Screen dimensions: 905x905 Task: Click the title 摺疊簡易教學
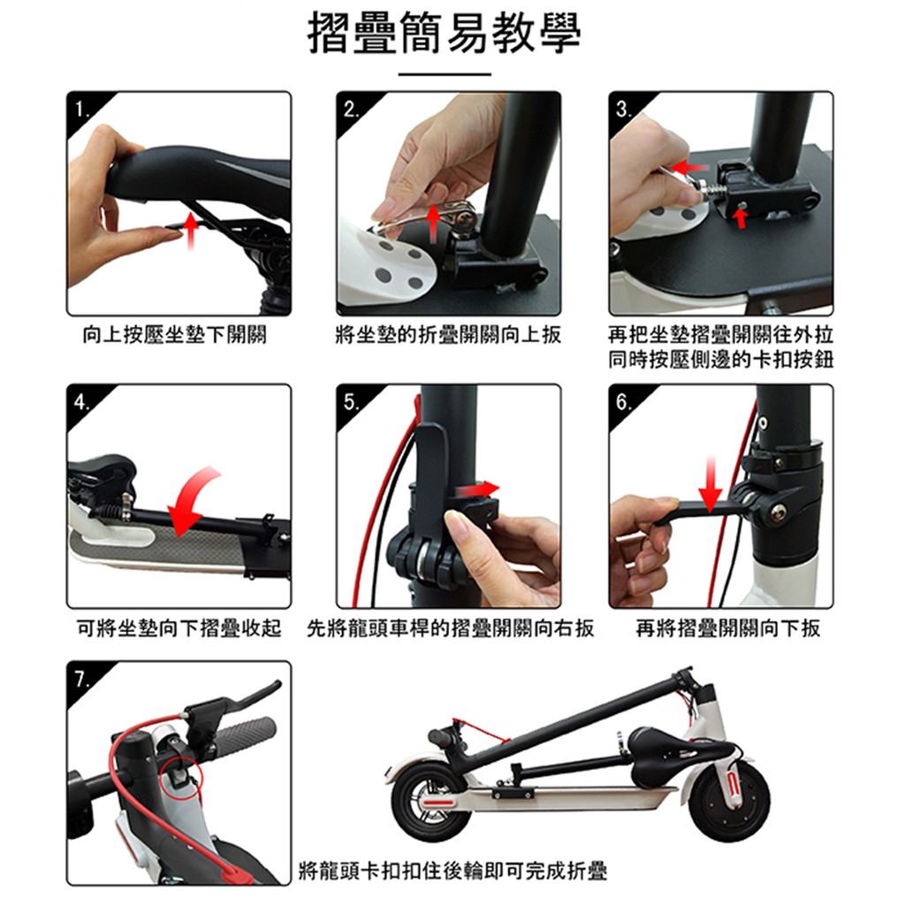point(445,34)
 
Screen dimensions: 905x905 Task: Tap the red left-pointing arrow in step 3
point(689,168)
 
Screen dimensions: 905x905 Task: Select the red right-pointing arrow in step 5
point(476,490)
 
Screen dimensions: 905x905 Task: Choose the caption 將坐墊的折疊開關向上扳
point(448,335)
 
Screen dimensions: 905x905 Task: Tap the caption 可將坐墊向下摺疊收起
point(179,628)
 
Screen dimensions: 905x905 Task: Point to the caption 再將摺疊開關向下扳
point(728,628)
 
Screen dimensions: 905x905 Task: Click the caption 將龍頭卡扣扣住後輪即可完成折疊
point(453,871)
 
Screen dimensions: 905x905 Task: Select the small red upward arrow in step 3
point(741,218)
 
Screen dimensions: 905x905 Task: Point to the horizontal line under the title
point(445,74)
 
